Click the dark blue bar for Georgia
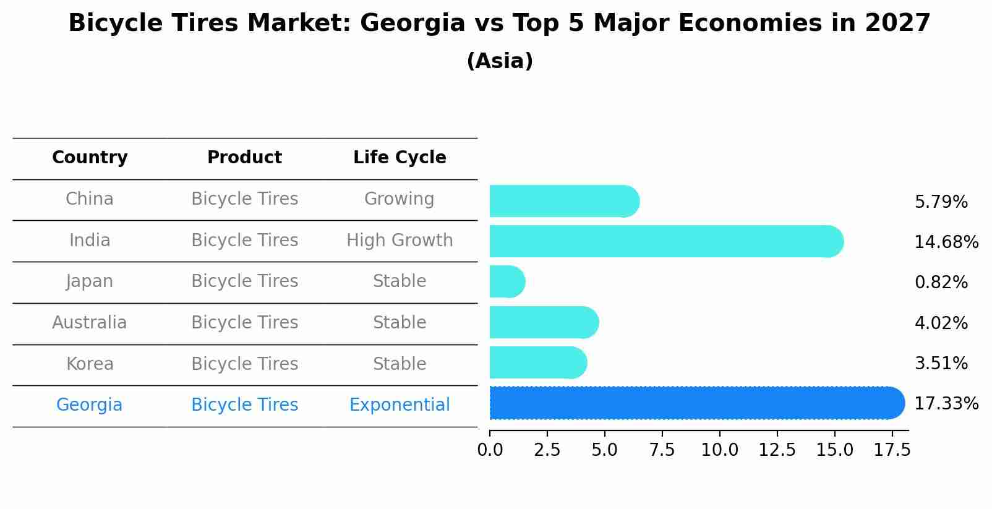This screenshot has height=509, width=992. [x=696, y=403]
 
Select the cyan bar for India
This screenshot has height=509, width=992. [x=666, y=241]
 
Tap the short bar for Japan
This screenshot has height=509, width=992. [x=507, y=281]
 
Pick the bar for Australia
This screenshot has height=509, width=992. [x=544, y=322]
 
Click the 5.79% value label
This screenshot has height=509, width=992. [x=941, y=202]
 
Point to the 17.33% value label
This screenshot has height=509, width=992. [x=946, y=404]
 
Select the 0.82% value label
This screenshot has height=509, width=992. [x=941, y=283]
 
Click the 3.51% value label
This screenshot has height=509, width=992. [x=941, y=363]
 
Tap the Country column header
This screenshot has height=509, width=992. [x=90, y=158]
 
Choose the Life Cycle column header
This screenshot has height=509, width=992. [x=400, y=158]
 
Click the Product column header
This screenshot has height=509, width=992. [x=244, y=158]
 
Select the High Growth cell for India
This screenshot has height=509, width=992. [x=400, y=240]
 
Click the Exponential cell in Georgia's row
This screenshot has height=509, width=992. [x=400, y=405]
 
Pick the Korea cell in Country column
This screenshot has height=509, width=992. [x=90, y=364]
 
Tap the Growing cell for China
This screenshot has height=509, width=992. [x=400, y=199]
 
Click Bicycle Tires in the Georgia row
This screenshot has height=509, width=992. [x=244, y=405]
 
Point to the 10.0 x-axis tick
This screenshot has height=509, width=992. [x=719, y=450]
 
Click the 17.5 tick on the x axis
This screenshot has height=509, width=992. [x=891, y=450]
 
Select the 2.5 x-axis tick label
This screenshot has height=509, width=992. [x=547, y=450]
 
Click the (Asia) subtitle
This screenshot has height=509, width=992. [x=500, y=61]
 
